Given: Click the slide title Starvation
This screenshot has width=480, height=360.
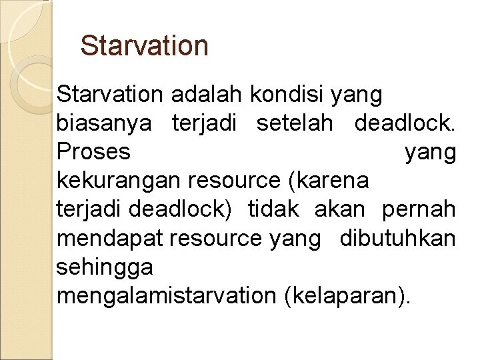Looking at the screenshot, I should [x=144, y=46].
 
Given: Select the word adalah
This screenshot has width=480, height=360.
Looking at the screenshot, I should [x=207, y=95].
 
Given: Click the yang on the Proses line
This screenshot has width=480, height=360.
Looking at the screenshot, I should [x=430, y=153].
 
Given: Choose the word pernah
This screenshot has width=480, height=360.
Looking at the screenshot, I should [x=419, y=210].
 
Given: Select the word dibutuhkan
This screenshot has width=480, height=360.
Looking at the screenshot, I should [x=398, y=239].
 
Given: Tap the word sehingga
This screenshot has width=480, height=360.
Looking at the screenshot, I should [x=105, y=267].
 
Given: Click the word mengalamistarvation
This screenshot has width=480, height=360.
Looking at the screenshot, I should [x=166, y=296].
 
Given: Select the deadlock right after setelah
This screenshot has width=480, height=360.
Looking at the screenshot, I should [x=405, y=124].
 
